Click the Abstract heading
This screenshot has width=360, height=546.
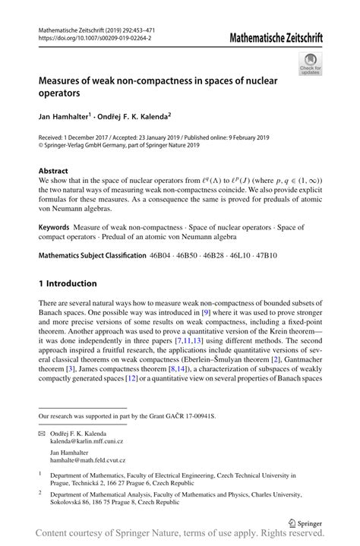tap(53, 171)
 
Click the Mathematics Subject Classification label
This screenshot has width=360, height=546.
tap(90, 255)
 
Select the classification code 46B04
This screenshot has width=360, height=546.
tap(162, 255)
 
